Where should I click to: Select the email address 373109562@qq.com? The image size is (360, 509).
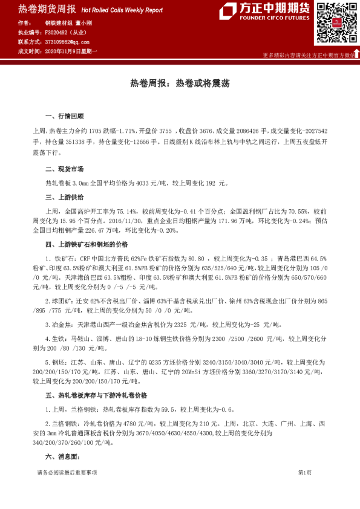[x=68, y=42]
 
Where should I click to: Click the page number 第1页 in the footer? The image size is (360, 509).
[x=305, y=472]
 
